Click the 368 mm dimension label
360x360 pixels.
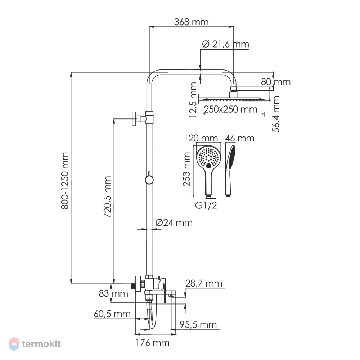pos(191,22)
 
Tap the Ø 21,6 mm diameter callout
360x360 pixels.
pos(225,44)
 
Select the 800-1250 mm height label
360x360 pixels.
pos(65,180)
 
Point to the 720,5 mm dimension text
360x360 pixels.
pos(107,197)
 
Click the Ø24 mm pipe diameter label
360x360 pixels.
pos(174,222)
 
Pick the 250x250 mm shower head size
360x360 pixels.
pos(230,109)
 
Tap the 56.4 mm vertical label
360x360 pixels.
pos(276,114)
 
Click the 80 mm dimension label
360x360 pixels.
pos(276,82)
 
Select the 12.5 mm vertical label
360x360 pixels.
pos(193,100)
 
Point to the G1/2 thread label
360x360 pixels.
pos(206,205)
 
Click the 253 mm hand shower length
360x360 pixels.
pos(186,169)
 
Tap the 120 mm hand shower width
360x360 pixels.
pos(201,138)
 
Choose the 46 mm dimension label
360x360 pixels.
pos(240,138)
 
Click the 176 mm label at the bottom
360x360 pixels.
pos(153,343)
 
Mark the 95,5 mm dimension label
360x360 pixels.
pos(198,325)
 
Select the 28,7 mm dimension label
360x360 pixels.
pos(204,283)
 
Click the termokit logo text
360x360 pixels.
pos(41,344)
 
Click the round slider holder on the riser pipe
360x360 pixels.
pos(149,180)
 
